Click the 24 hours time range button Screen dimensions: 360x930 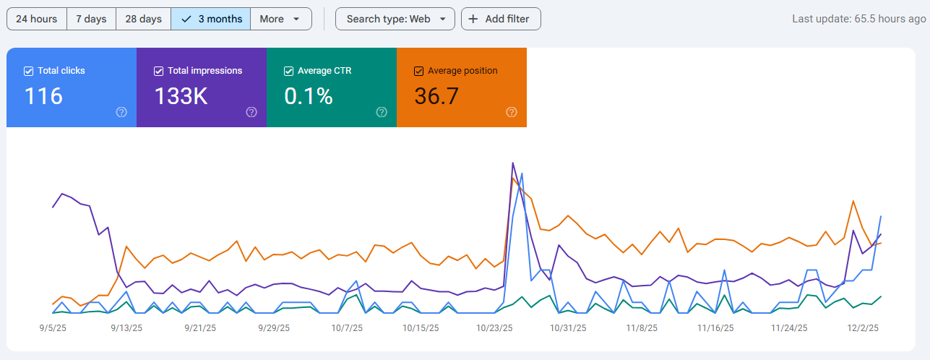click(36, 19)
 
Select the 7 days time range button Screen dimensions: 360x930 click(91, 19)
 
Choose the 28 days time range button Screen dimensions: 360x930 click(143, 19)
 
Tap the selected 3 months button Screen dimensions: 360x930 click(211, 19)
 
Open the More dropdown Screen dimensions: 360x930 click(280, 19)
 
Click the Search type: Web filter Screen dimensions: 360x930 click(395, 19)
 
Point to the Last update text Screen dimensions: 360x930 click(858, 19)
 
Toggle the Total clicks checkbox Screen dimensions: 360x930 click(29, 71)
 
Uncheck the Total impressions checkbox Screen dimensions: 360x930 click(159, 71)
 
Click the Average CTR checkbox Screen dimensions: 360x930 click(289, 71)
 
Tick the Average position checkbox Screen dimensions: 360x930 click(418, 71)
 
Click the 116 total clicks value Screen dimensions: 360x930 click(43, 96)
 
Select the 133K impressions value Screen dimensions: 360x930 click(181, 96)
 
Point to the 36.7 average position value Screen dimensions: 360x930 click(436, 96)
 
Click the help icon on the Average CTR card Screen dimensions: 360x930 click(382, 112)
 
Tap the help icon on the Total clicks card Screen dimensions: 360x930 click(121, 112)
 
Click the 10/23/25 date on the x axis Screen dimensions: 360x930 click(494, 327)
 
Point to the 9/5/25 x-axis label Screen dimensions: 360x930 click(53, 327)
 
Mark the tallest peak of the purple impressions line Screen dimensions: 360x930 click(513, 163)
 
